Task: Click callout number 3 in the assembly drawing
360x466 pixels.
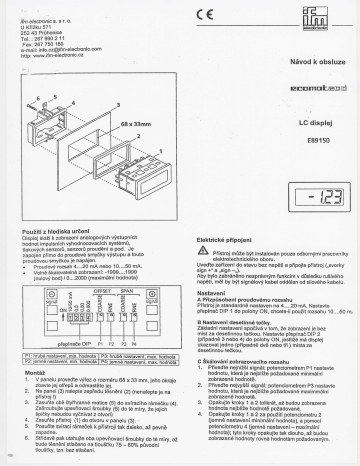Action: [x=119, y=104]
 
